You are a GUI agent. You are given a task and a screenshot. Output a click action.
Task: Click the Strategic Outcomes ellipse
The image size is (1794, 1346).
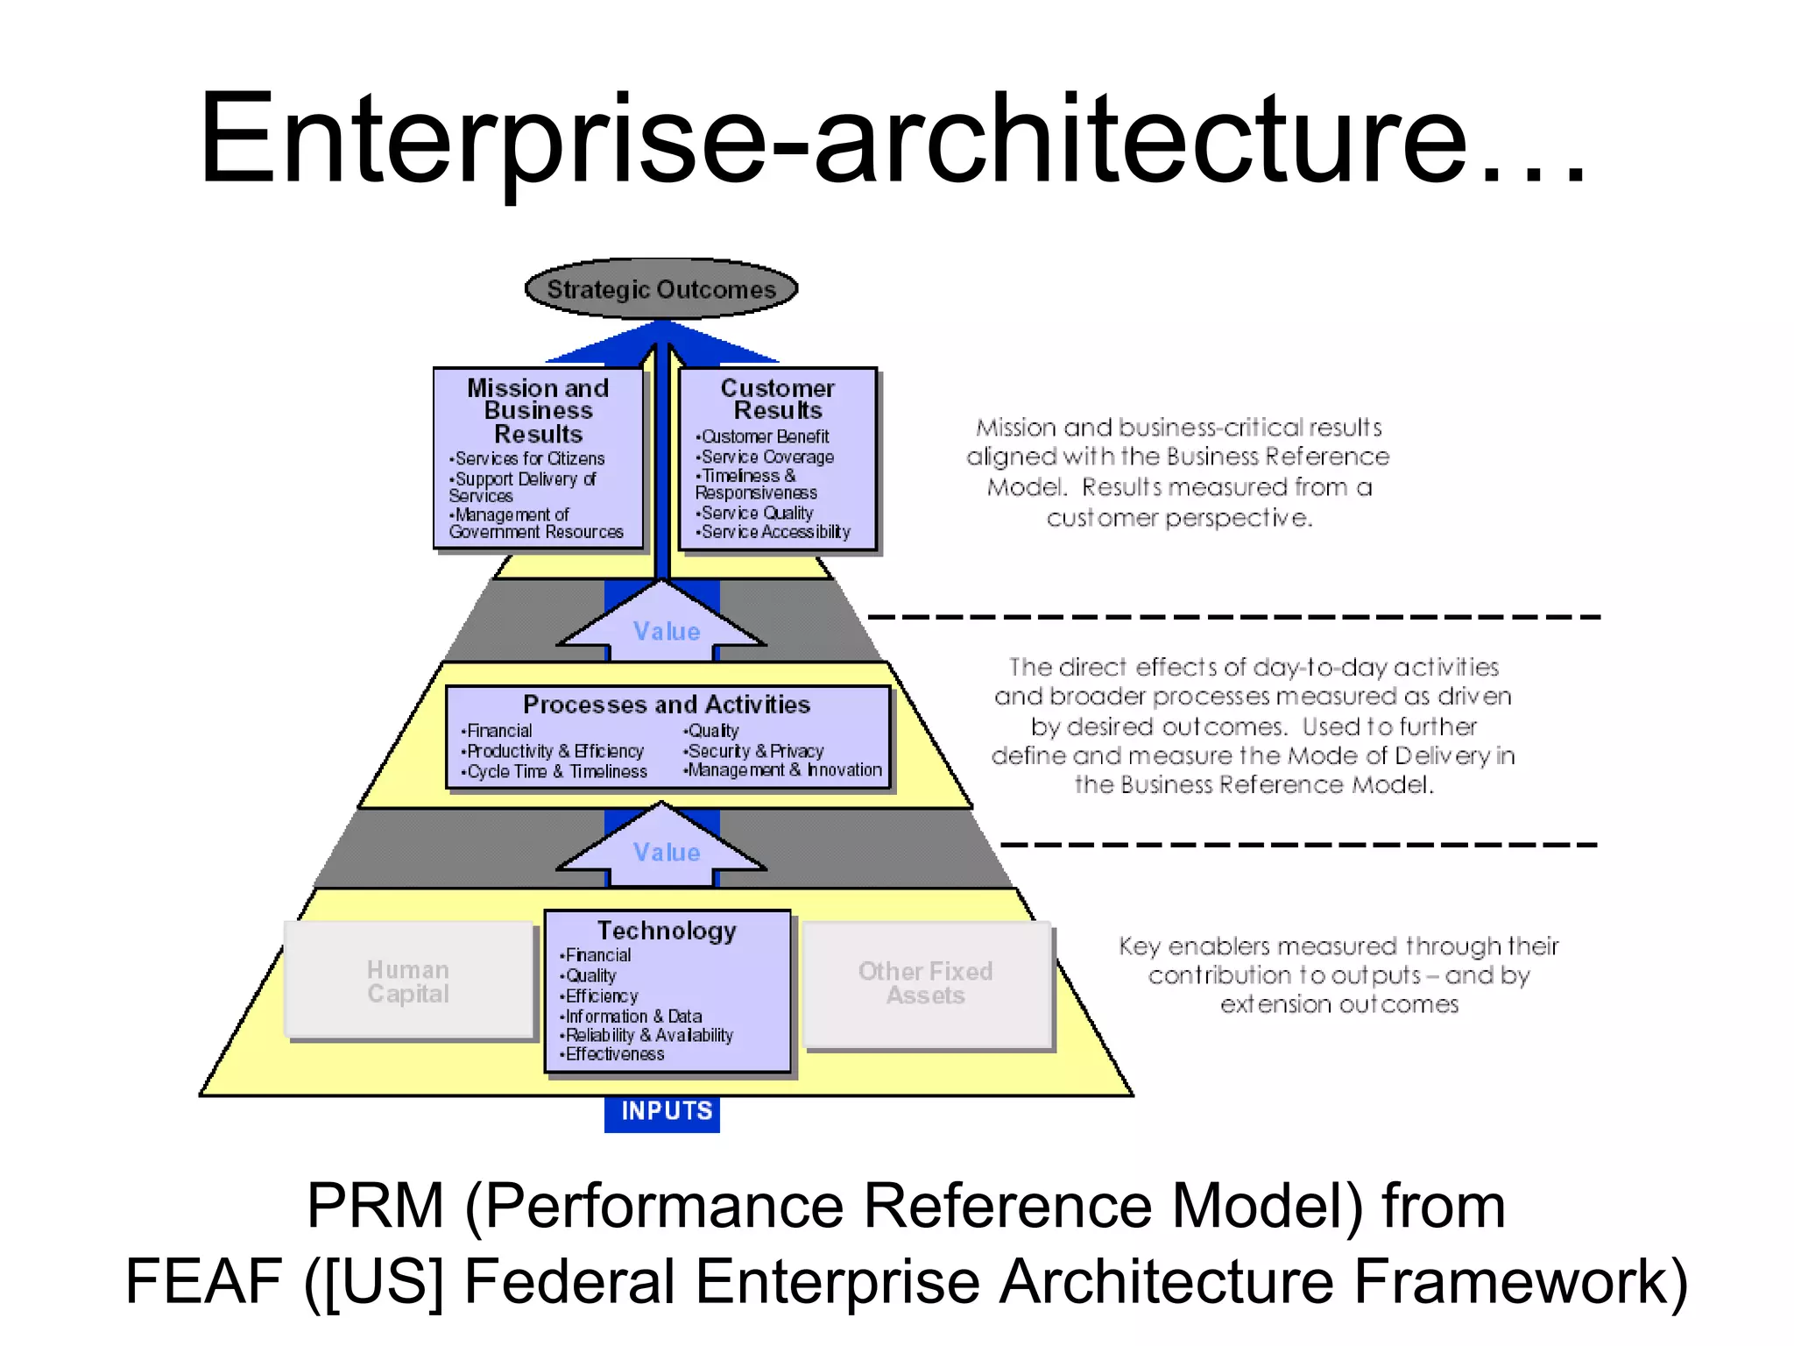click(661, 289)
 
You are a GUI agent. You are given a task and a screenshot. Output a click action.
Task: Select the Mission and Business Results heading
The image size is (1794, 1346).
click(538, 410)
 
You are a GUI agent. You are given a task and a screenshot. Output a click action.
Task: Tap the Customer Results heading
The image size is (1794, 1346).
click(777, 399)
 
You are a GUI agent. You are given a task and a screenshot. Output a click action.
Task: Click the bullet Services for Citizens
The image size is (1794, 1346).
click(529, 458)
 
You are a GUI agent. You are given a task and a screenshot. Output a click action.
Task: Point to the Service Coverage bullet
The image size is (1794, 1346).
click(766, 457)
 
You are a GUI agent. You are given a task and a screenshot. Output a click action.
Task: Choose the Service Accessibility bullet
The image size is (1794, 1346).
click(774, 532)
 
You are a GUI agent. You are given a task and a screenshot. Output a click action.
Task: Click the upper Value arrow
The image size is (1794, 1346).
click(666, 631)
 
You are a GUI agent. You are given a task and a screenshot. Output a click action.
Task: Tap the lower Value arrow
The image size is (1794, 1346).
click(666, 852)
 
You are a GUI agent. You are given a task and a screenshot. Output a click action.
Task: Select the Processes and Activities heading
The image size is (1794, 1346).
click(666, 705)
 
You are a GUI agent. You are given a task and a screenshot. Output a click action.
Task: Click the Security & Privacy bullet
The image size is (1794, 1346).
click(755, 751)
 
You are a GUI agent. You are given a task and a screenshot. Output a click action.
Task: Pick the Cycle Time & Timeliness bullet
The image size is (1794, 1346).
click(556, 772)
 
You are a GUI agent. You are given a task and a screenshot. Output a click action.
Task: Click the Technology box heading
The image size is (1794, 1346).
click(667, 931)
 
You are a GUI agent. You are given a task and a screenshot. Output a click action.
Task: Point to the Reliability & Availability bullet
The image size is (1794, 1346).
click(648, 1035)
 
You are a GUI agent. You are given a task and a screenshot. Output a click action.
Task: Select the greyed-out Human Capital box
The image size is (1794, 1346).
click(408, 981)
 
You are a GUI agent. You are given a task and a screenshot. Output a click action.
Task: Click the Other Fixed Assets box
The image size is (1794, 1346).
click(926, 983)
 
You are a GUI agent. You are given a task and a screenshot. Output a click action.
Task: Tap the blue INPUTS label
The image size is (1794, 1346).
click(666, 1111)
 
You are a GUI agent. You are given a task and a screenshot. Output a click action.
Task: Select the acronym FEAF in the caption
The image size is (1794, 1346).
click(203, 1281)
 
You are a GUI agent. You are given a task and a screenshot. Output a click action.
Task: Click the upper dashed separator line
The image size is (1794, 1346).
click(1233, 617)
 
